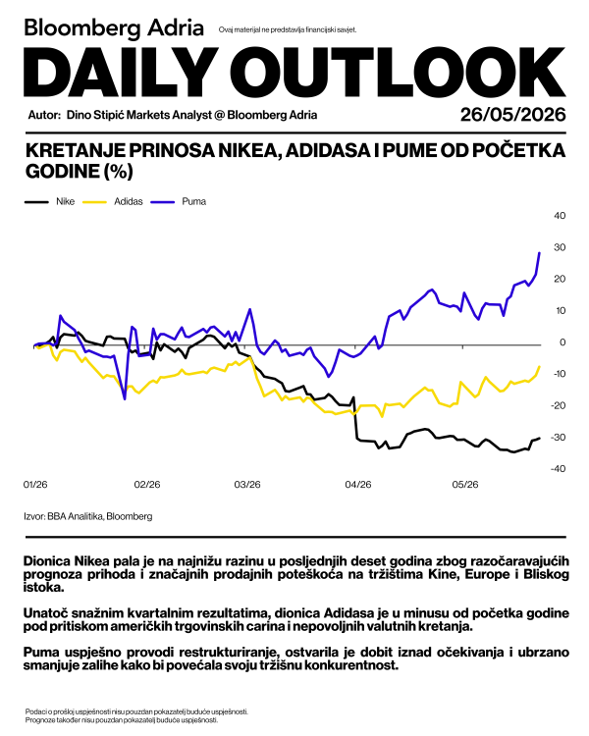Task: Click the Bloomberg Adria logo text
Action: pos(114,28)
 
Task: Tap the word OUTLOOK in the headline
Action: pos(398,73)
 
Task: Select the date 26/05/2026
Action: pos(512,115)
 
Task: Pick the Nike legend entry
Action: pos(49,201)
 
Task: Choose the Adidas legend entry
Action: pos(113,201)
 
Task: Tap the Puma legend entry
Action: pos(179,201)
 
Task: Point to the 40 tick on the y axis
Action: pos(560,216)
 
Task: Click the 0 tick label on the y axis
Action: pos(562,342)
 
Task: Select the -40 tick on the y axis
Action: pos(558,468)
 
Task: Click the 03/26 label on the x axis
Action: pos(247,485)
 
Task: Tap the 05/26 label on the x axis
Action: pos(465,485)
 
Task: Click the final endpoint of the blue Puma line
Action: pos(539,253)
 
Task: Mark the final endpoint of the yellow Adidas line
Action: pos(539,367)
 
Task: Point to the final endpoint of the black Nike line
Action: pos(539,438)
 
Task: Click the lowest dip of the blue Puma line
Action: pos(125,399)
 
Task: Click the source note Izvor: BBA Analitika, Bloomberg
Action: pos(88,516)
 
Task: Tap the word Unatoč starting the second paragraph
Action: pos(44,613)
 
